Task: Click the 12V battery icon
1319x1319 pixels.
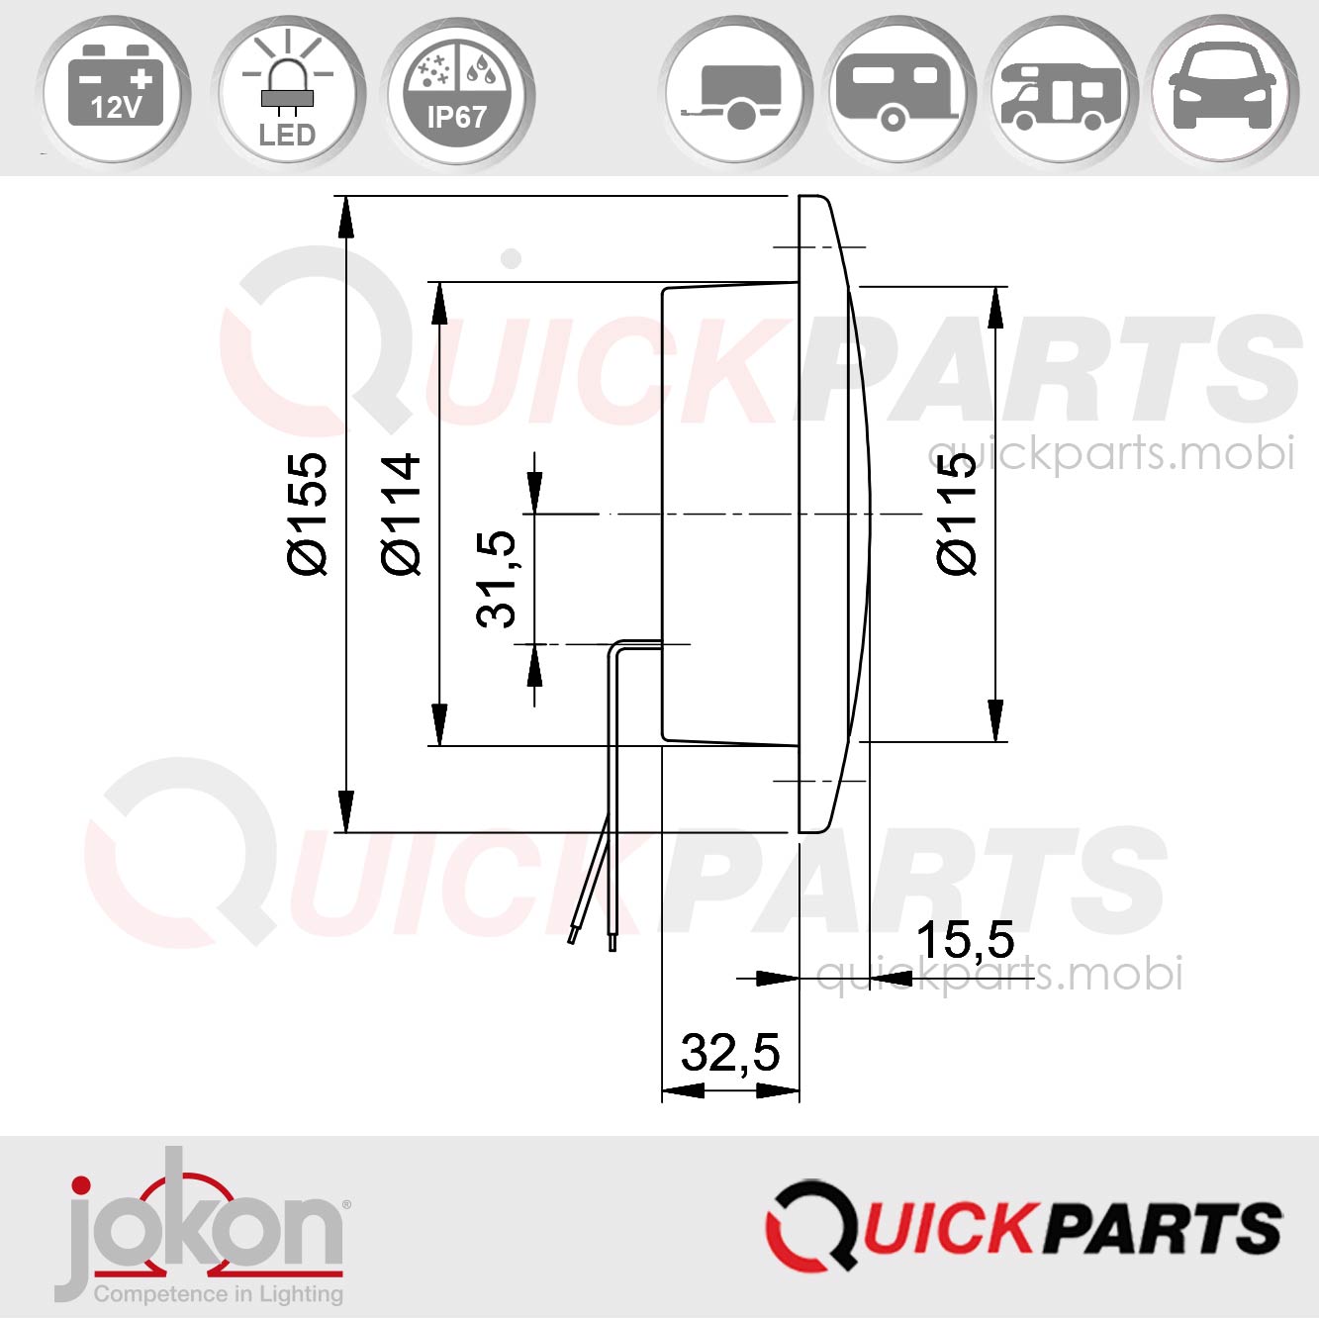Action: [x=115, y=89]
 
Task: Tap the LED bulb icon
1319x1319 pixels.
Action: [x=287, y=91]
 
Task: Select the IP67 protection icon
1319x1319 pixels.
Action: [x=457, y=91]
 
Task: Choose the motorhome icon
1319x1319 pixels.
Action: [x=1061, y=93]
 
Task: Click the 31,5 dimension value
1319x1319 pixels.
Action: [x=497, y=579]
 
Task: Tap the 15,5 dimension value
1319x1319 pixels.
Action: [x=965, y=940]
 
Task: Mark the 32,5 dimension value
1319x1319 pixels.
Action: [x=730, y=1052]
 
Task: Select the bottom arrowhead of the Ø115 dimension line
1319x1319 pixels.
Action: [x=995, y=720]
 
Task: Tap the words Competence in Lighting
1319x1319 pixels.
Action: [x=218, y=1293]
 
